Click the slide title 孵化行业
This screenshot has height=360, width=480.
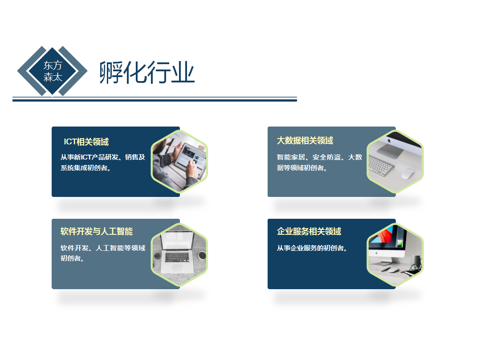[147, 72]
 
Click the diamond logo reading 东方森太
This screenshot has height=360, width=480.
[53, 71]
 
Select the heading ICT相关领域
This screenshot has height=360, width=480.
[86, 142]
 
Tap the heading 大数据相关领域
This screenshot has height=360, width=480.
[305, 141]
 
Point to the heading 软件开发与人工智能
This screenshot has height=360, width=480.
[97, 232]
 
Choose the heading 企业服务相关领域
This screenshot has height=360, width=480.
[309, 232]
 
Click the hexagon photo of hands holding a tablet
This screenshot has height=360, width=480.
[179, 161]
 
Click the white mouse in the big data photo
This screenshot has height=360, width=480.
[407, 174]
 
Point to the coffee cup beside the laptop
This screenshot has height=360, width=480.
[202, 255]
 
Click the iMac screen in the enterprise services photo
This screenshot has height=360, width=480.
[386, 241]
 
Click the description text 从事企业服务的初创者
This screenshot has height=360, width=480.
[312, 248]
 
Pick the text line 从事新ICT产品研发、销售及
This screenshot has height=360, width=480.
[103, 157]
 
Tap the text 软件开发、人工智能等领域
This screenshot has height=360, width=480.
[103, 248]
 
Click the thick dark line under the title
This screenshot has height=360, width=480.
[155, 100]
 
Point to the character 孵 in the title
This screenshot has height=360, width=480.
[110, 72]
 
